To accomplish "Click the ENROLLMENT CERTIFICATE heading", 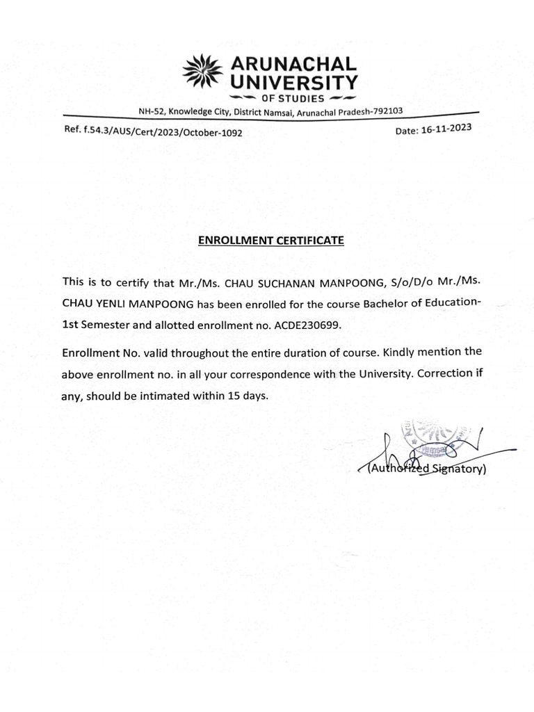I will (x=271, y=241).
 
